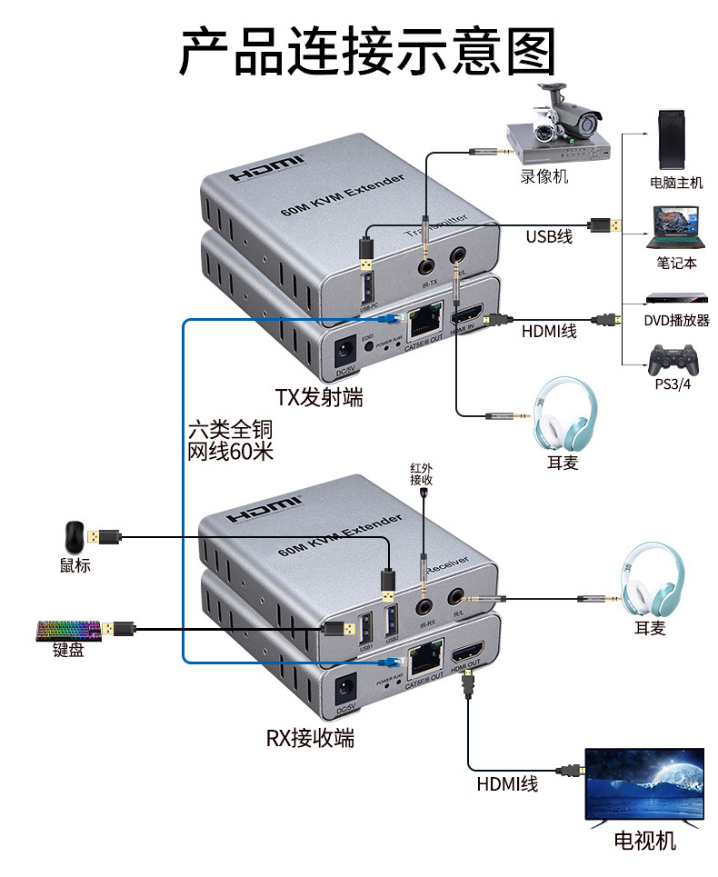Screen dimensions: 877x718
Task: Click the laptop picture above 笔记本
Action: (x=675, y=227)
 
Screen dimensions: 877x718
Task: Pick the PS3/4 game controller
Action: (x=673, y=360)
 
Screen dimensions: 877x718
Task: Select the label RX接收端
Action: (x=310, y=738)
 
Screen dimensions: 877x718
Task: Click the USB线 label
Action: (x=549, y=236)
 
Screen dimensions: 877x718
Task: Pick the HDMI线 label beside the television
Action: (x=507, y=783)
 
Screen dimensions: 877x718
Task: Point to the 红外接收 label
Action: (x=422, y=473)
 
